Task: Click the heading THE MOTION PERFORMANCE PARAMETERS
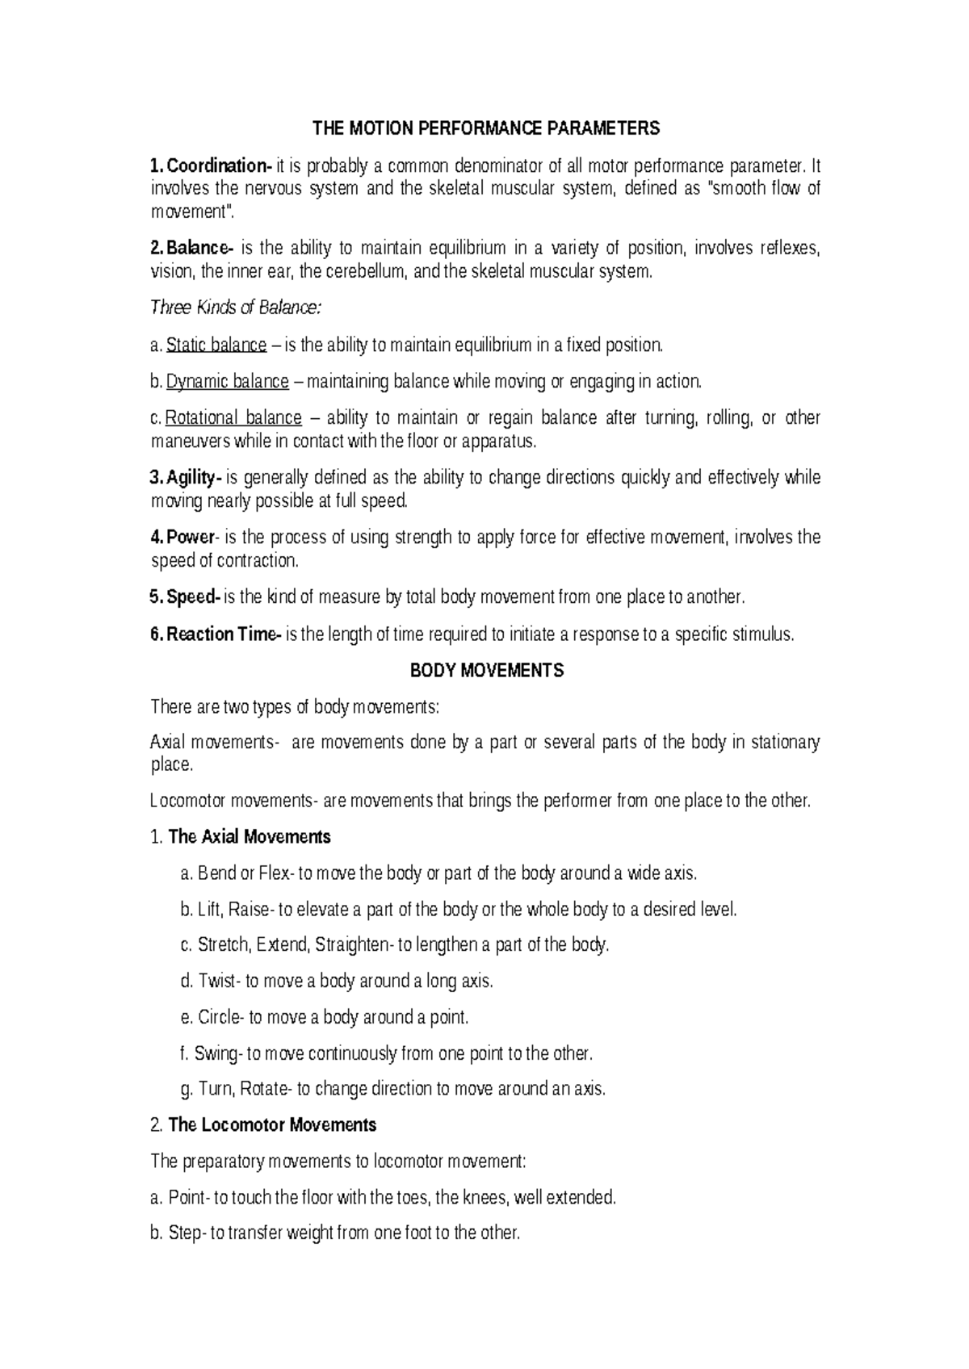coord(485,128)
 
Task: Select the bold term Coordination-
coord(219,167)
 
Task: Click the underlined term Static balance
coord(216,345)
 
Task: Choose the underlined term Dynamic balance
coord(227,381)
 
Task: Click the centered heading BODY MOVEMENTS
coord(486,671)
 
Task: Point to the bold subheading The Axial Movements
coord(250,837)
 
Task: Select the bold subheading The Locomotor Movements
coord(272,1125)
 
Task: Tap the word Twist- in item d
coord(219,982)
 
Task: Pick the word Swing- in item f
coord(217,1053)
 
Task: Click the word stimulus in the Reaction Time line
coord(762,634)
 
